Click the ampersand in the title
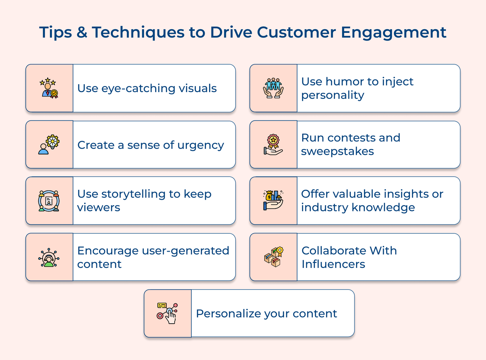(x=82, y=32)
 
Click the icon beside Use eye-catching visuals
(x=49, y=88)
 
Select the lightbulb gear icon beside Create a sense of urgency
(x=49, y=145)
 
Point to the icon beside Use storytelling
(x=49, y=201)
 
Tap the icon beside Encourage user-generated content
(x=49, y=257)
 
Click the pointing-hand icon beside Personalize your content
(x=167, y=313)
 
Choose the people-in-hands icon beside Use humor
(x=273, y=88)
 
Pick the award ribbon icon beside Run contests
(x=273, y=145)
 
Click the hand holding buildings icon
(x=273, y=201)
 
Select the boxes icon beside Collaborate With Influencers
(x=273, y=257)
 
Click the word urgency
(x=200, y=146)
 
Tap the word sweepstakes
(x=337, y=151)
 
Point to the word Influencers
(x=333, y=264)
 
